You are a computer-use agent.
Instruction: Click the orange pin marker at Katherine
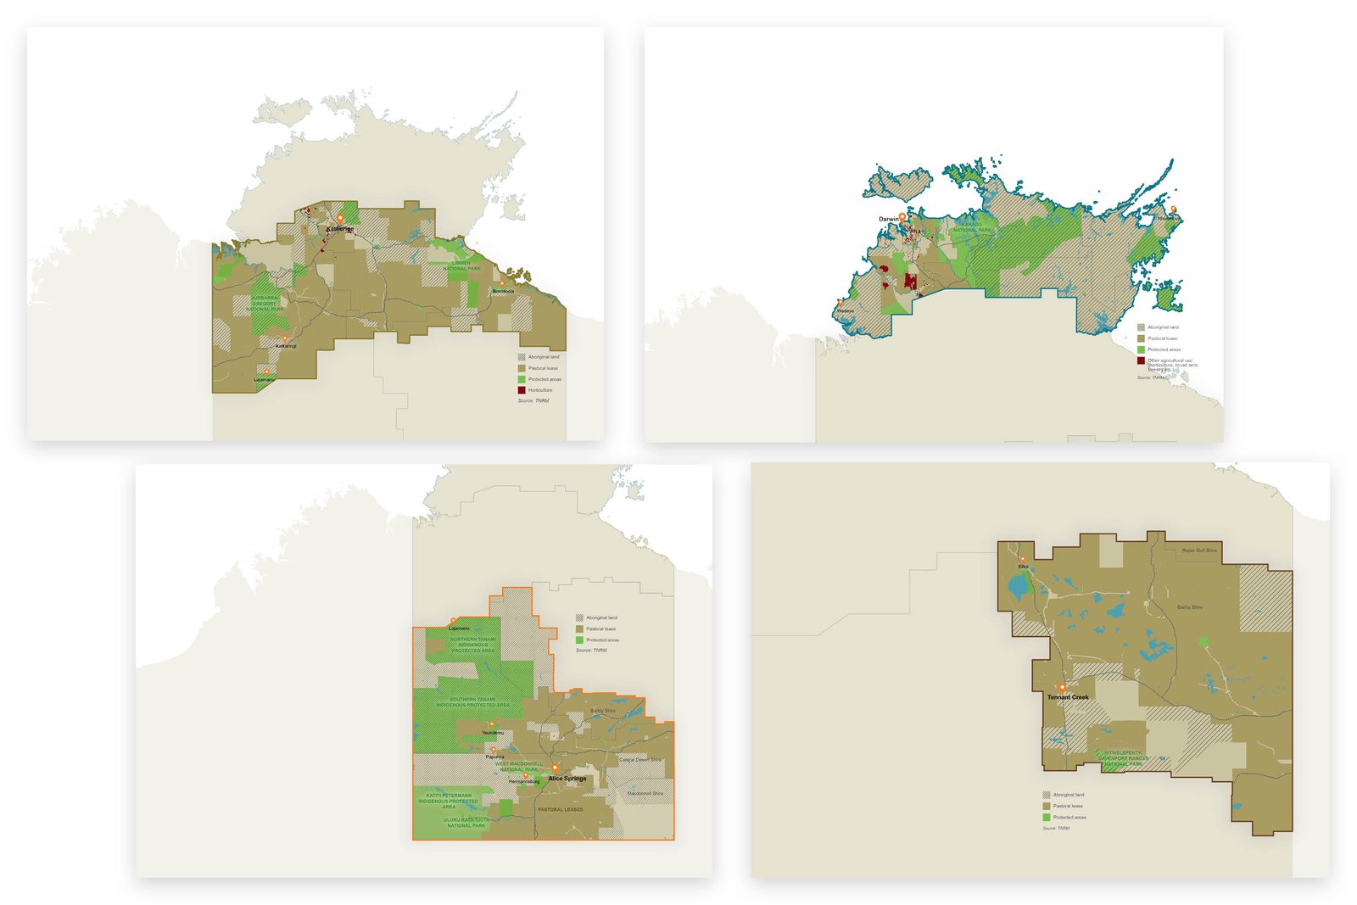click(340, 220)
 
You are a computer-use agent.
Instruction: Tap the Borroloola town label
click(503, 292)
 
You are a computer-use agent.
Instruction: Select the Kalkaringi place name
click(286, 346)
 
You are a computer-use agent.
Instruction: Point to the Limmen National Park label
click(461, 265)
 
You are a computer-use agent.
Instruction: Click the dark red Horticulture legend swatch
click(522, 390)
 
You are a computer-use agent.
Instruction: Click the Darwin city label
click(888, 220)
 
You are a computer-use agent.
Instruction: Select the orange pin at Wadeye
click(840, 302)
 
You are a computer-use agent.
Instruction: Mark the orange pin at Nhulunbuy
click(1174, 209)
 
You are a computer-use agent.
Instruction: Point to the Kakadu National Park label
click(972, 227)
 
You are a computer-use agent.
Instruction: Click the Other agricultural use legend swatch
click(1141, 360)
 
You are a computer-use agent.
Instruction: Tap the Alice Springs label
click(567, 779)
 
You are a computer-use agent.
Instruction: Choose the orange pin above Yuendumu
click(492, 725)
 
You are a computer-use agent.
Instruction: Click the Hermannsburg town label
click(524, 781)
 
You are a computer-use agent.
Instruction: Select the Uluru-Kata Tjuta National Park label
click(466, 823)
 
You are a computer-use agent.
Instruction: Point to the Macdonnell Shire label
click(645, 793)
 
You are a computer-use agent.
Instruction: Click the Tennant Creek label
click(1067, 697)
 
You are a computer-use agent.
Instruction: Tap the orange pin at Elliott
click(1022, 560)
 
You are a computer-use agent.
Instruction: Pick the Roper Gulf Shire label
click(1199, 550)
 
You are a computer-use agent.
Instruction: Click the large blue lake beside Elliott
click(1016, 586)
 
